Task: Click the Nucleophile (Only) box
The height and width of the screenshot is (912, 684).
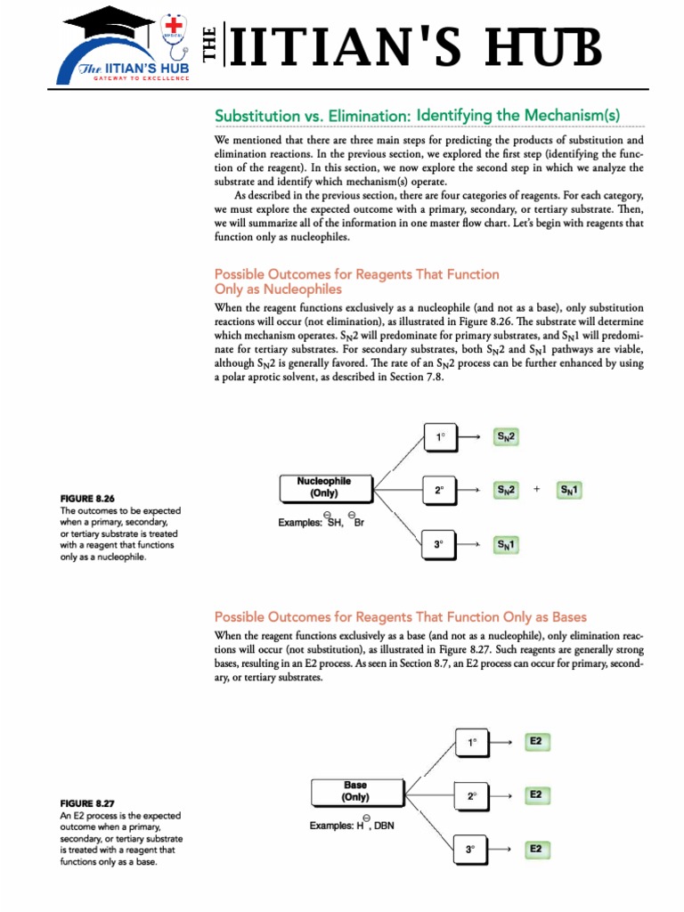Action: (324, 487)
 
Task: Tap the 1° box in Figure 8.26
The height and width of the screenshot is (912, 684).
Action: (439, 437)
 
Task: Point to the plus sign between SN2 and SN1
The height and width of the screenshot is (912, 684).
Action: (537, 490)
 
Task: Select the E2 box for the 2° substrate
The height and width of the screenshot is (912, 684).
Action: (535, 794)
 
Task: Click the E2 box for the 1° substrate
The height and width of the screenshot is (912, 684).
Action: (535, 741)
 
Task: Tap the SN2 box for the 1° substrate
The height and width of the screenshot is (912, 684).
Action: (507, 437)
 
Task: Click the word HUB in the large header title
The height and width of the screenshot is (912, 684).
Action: (543, 48)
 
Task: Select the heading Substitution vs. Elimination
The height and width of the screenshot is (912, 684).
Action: (417, 116)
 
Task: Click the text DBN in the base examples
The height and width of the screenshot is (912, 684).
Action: (384, 826)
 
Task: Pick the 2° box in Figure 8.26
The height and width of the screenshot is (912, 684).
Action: (439, 490)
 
